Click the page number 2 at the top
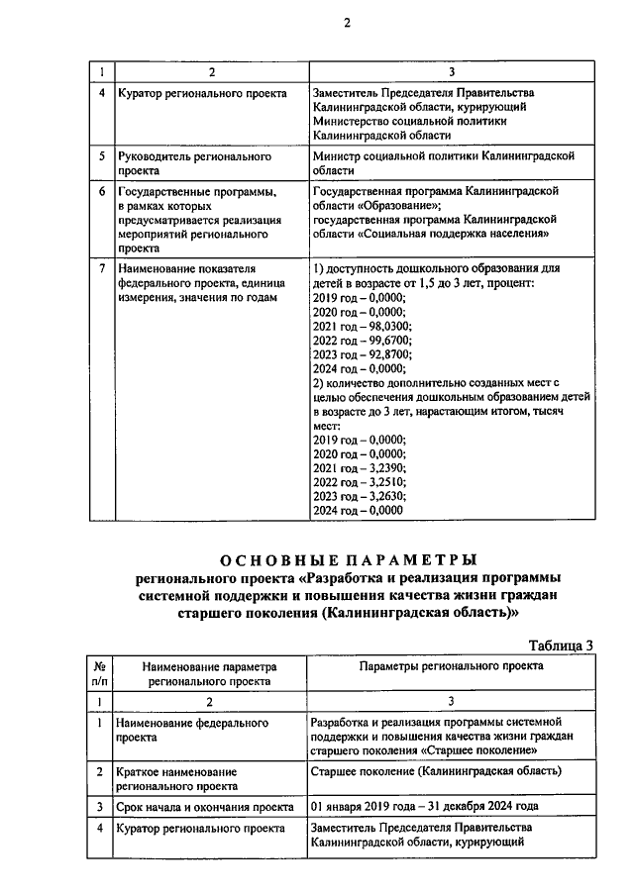[x=347, y=24]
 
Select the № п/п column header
[x=100, y=674]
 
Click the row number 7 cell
[x=100, y=268]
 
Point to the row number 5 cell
[x=100, y=156]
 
